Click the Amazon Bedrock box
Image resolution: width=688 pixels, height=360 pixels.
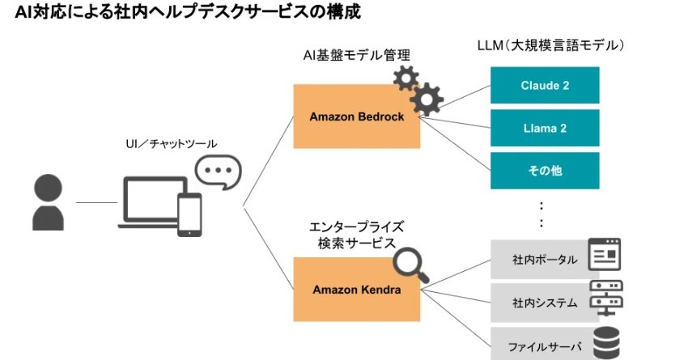(x=356, y=116)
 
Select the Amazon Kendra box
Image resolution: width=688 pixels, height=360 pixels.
(x=356, y=289)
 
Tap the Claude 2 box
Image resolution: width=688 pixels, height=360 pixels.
(x=545, y=85)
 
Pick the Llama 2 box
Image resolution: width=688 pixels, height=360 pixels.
(x=545, y=128)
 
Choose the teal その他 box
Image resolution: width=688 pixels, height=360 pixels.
(x=545, y=171)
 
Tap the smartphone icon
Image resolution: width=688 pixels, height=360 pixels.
(x=189, y=214)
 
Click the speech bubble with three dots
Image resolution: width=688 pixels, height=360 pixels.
(x=218, y=172)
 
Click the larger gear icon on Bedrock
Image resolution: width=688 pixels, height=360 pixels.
(x=426, y=100)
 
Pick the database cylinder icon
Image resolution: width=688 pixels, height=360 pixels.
(x=606, y=342)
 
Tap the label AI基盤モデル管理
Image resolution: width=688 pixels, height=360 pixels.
(x=355, y=55)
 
